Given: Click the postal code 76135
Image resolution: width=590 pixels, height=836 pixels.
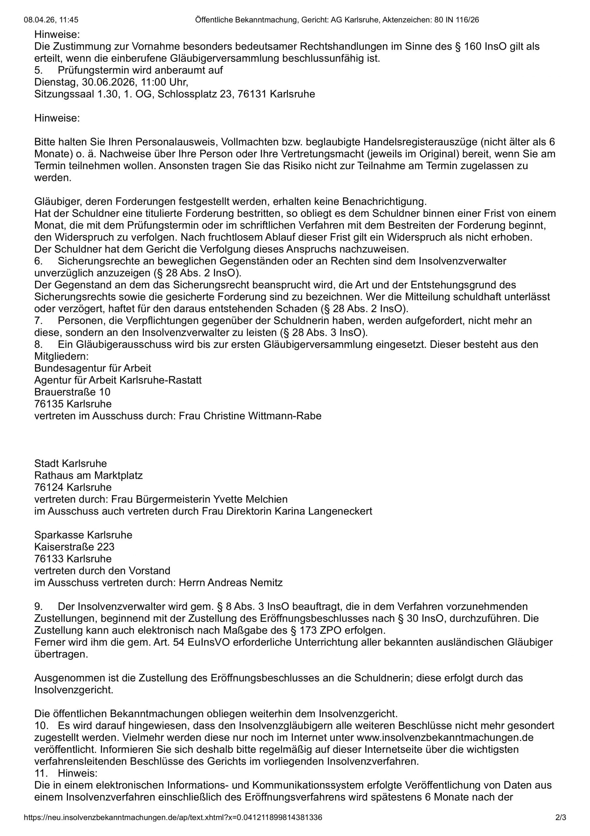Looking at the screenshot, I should point(49,404).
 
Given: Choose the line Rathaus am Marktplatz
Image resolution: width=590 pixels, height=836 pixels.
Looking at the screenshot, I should point(88,475).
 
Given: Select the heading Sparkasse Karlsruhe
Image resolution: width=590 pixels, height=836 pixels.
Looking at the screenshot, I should point(83,535).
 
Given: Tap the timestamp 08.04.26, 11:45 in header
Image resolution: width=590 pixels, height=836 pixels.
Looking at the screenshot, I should point(51,20).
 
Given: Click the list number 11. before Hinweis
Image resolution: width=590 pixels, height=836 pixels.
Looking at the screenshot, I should point(41,763).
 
